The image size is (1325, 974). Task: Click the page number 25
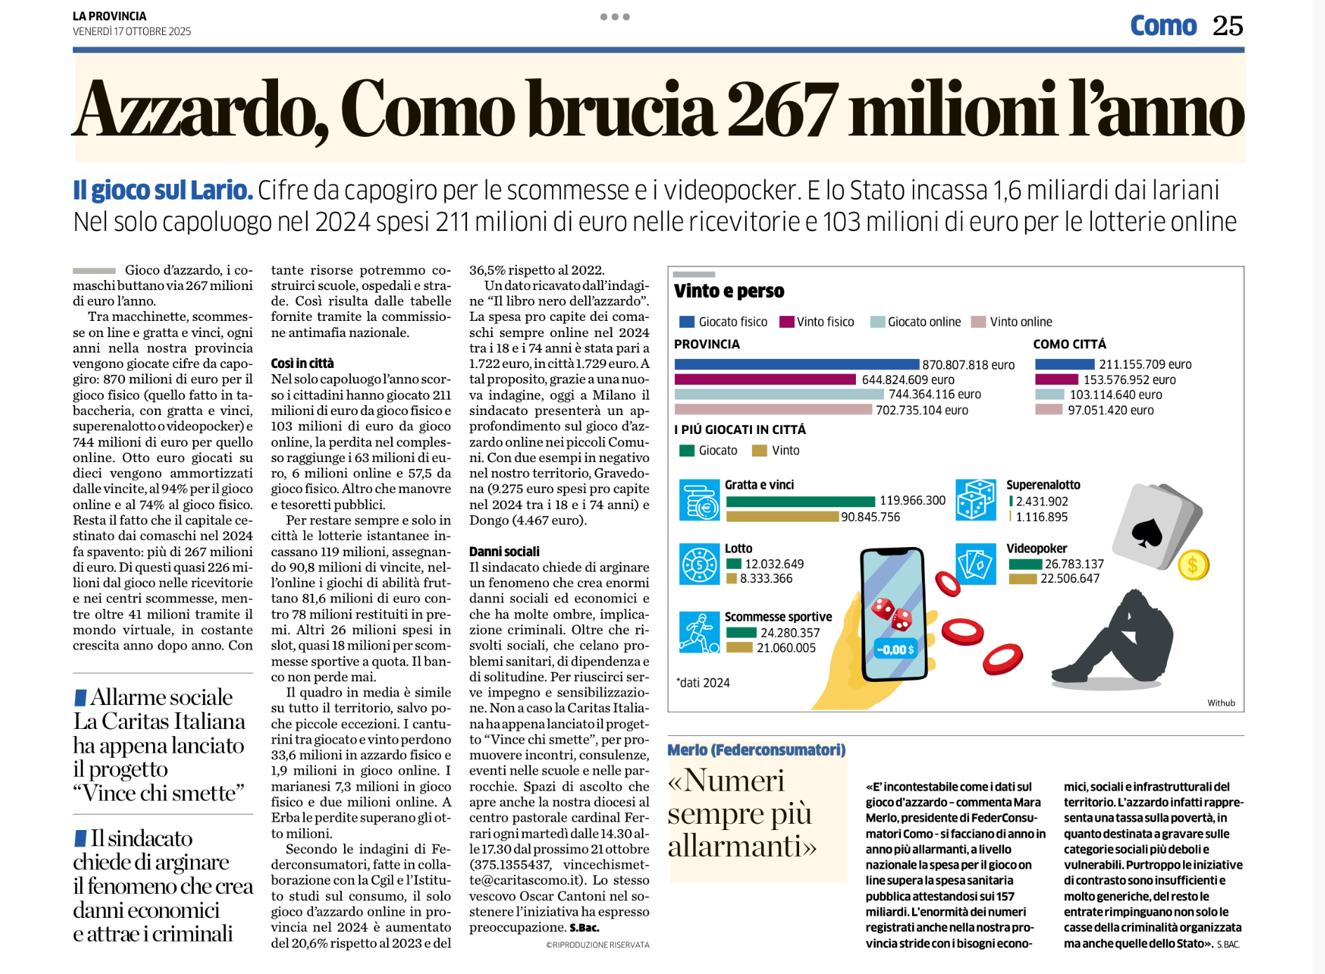click(x=1227, y=26)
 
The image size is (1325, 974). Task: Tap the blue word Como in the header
click(x=1163, y=26)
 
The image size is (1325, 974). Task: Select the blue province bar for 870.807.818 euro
click(x=796, y=364)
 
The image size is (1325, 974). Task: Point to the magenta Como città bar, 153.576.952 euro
click(x=1056, y=379)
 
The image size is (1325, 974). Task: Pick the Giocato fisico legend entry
click(x=724, y=322)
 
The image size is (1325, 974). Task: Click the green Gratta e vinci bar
click(x=800, y=501)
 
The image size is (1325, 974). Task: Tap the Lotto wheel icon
click(x=699, y=564)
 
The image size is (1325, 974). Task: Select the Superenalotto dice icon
click(x=975, y=500)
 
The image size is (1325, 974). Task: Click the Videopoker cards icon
click(x=975, y=564)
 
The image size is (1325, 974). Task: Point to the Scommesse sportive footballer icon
click(x=699, y=632)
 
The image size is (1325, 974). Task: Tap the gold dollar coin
click(x=1193, y=565)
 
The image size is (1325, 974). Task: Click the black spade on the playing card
click(x=1147, y=534)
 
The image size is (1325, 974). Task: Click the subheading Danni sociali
click(x=504, y=551)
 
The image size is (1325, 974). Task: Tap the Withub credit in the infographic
click(x=1221, y=703)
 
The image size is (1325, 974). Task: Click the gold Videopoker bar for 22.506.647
click(x=1022, y=579)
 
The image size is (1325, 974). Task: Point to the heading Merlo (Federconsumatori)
click(x=756, y=750)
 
